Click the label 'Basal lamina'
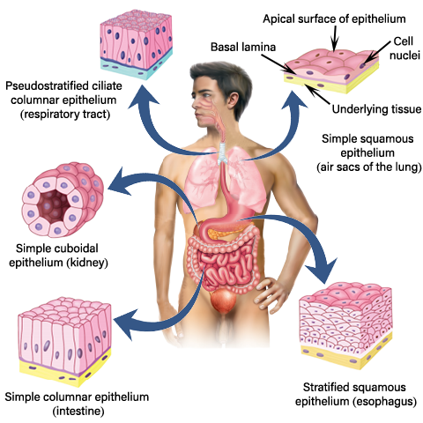[x=243, y=47]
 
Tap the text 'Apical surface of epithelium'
[x=334, y=19]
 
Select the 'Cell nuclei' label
[x=404, y=48]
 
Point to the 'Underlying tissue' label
[x=376, y=109]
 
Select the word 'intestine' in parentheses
[x=78, y=411]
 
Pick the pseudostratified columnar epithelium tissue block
[x=137, y=45]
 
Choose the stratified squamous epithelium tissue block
[x=345, y=325]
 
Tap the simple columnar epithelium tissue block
[x=64, y=341]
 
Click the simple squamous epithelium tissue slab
[x=331, y=71]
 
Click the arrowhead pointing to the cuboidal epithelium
[x=121, y=182]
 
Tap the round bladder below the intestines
[x=224, y=301]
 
